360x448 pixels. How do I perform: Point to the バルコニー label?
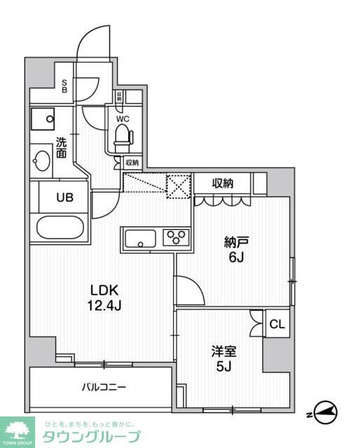98,386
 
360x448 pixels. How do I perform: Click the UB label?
64,197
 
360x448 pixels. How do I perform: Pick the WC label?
123,118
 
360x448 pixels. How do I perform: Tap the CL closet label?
277,324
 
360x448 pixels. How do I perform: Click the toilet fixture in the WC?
123,136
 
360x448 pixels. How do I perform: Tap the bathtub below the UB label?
60,229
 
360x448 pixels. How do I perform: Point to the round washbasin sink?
41,162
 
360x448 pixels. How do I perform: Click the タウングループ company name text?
92,437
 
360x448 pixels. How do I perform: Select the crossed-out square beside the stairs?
178,185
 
